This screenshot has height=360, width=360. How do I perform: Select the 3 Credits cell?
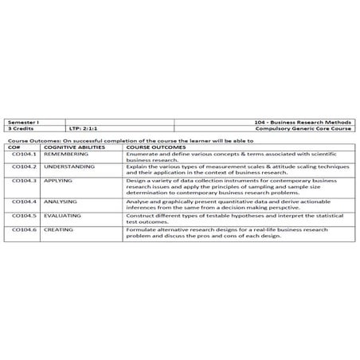[18, 128]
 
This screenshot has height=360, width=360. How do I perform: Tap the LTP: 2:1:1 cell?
[83, 128]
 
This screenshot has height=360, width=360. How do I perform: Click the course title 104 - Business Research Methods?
[307, 122]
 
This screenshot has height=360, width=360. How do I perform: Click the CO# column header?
[14, 147]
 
